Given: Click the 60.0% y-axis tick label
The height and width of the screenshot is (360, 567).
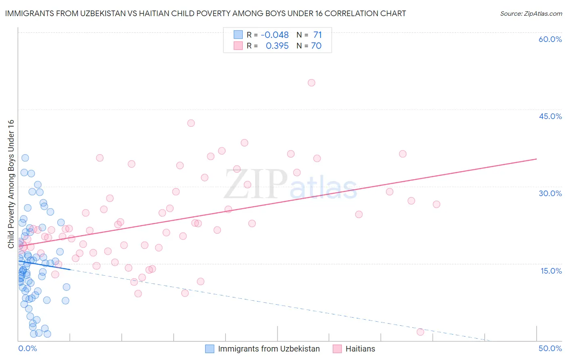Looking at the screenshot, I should click(x=550, y=39).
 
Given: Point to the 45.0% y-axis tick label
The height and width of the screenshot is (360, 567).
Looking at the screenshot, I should click(x=550, y=116).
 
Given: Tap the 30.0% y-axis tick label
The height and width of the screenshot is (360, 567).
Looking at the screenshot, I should click(x=550, y=193).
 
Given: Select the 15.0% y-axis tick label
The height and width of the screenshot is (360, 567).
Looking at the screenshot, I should click(x=551, y=271).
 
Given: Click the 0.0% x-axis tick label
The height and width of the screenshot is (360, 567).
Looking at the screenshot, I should click(x=27, y=348).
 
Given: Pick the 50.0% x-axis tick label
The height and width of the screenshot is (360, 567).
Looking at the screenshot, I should click(x=550, y=348).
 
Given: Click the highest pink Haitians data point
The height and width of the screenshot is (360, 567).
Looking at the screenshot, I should click(x=311, y=83).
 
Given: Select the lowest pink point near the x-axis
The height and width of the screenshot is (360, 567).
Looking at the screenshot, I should click(x=420, y=332).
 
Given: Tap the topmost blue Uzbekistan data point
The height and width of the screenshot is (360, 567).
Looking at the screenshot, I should click(x=25, y=158).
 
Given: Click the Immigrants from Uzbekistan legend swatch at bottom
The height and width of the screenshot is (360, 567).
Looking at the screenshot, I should click(x=210, y=349).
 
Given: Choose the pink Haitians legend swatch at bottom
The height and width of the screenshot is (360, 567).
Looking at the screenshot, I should click(x=337, y=349).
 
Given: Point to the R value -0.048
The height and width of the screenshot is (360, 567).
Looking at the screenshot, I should click(x=275, y=35).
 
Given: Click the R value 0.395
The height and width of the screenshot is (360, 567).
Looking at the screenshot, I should click(x=277, y=46).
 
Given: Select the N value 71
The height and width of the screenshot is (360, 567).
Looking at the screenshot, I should click(x=317, y=35).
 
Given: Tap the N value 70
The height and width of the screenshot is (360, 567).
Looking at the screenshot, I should click(x=316, y=46).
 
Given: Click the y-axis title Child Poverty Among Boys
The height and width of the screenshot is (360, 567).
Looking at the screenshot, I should click(x=11, y=184).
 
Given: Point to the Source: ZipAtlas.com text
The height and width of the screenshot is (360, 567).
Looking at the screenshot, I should click(x=531, y=14).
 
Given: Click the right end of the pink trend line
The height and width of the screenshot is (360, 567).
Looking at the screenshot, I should click(x=536, y=159).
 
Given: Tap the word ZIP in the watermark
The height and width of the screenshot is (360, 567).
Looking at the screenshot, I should click(x=255, y=184).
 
